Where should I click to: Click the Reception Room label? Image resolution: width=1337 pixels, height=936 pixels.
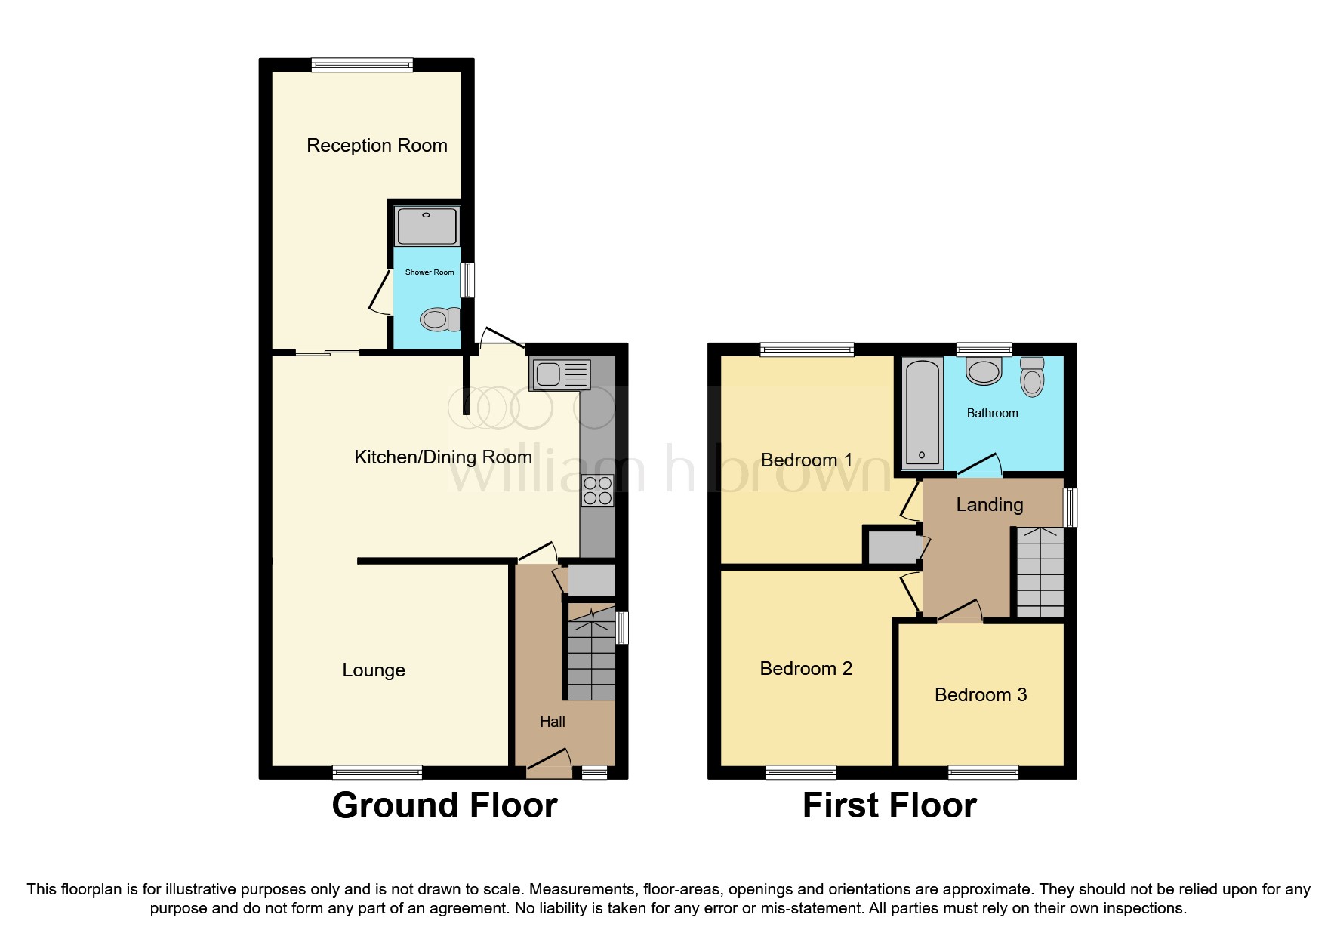(377, 145)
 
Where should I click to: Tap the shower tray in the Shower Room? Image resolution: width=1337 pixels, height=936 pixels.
(427, 225)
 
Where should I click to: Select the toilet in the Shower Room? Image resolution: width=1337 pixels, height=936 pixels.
(441, 319)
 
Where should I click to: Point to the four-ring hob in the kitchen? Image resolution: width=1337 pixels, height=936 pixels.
(597, 491)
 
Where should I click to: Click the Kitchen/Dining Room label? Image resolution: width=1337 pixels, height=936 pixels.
(443, 457)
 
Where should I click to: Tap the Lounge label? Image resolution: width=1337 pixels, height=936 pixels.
(374, 670)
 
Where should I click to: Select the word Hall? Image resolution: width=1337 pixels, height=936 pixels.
(552, 722)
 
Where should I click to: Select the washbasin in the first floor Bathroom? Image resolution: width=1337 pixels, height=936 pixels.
(984, 371)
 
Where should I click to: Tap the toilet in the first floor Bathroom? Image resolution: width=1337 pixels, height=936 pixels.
(1031, 377)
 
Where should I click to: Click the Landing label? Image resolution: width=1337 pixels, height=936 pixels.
(989, 504)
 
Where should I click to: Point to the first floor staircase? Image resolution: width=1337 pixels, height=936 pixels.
(1040, 572)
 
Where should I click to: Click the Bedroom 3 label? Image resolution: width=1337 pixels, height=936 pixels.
(981, 694)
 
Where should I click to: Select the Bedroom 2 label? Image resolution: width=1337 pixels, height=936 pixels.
(806, 668)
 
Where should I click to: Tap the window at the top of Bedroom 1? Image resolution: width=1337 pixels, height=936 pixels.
(807, 349)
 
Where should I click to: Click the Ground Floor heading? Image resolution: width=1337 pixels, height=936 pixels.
(444, 805)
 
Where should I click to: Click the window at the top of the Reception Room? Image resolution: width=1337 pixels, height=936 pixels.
(362, 65)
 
